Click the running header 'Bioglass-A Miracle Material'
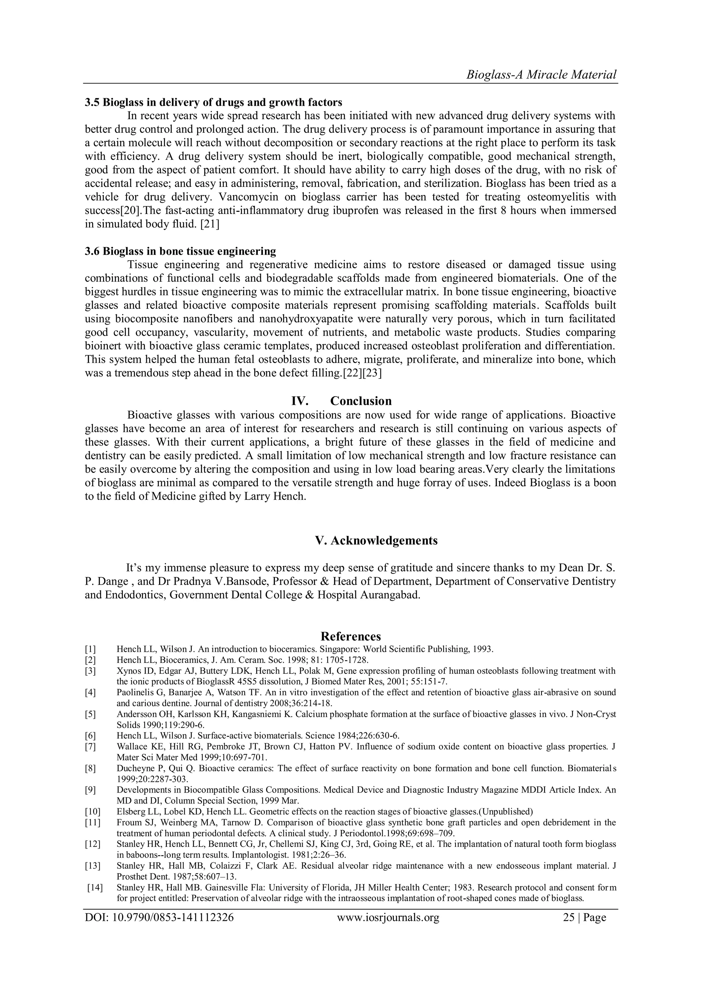[541, 75]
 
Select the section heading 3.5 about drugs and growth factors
[213, 102]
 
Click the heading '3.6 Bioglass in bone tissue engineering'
[180, 251]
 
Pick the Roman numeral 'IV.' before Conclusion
[299, 401]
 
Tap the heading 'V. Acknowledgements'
[376, 540]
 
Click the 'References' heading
[350, 636]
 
